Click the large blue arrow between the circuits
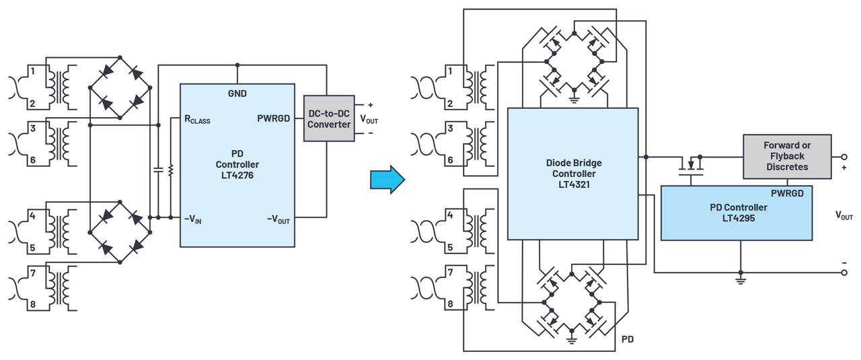387,180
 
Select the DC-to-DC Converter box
329,118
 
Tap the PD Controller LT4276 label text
237,164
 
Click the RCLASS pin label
197,120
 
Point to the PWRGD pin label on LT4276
274,118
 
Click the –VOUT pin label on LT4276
278,219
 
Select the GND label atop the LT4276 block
237,94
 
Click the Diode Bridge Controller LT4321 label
573,173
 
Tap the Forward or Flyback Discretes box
787,156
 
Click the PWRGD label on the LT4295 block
787,193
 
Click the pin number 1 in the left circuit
32,70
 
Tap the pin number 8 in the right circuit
451,304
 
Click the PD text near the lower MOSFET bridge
627,339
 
